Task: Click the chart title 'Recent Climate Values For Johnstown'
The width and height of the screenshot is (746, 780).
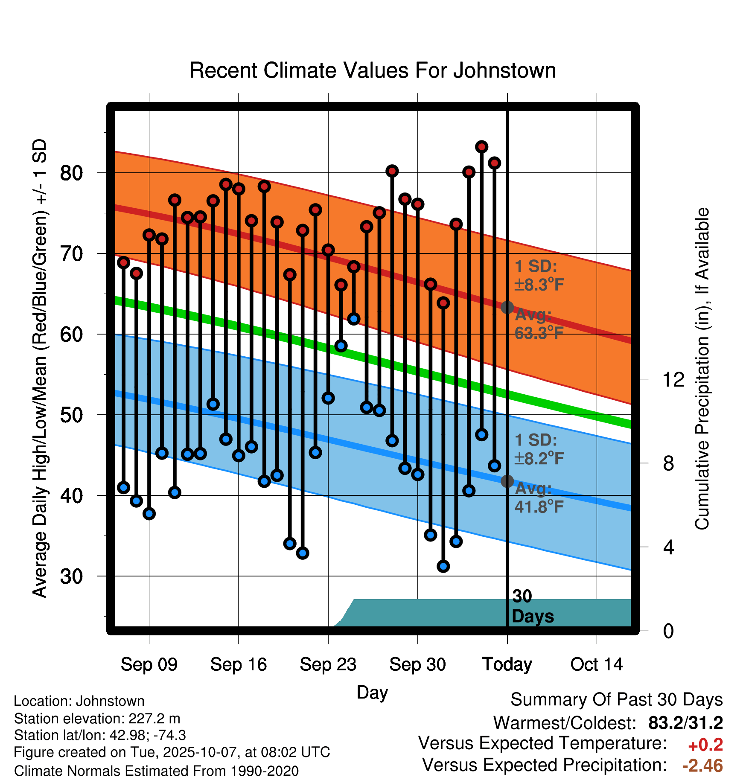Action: coord(373,70)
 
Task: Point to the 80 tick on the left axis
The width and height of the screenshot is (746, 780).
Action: coord(71,173)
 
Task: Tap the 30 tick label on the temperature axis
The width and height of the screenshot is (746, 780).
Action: coord(71,576)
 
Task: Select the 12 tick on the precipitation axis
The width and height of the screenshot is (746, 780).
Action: coord(673,379)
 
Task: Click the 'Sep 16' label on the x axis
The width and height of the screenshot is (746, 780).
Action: coord(238,664)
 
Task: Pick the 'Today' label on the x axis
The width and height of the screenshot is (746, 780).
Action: coord(507,664)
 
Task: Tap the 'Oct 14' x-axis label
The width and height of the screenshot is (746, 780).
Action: coord(597,664)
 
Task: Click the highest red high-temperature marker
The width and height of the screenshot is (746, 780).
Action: coord(482,147)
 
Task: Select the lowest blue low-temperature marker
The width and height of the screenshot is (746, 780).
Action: coord(443,566)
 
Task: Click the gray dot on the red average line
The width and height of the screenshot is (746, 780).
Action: coord(507,307)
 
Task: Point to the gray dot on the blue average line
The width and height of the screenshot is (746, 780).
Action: coord(507,481)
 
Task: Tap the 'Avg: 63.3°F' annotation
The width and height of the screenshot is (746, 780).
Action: coord(539,324)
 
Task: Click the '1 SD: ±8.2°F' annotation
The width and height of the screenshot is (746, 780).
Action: coord(539,449)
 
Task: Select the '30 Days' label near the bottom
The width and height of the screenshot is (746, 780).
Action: coord(532,606)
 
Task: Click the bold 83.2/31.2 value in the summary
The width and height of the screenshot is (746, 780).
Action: coord(685,723)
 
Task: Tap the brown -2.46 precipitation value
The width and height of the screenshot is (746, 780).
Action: coord(702,765)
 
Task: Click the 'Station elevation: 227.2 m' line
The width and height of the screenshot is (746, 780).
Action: coord(97,719)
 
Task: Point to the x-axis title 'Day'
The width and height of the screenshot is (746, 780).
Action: coord(372,692)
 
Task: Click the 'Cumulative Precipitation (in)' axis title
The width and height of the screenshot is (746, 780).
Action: coord(702,369)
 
